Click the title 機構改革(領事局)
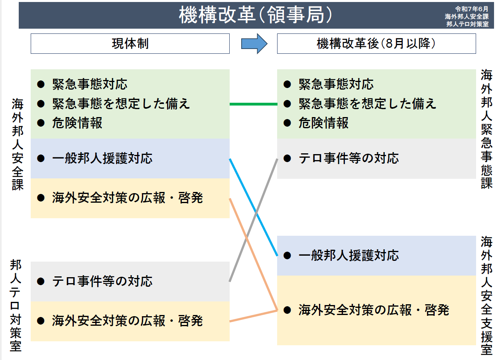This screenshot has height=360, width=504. [x=255, y=16]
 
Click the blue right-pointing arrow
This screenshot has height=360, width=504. [x=254, y=43]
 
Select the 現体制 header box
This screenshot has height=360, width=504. [x=130, y=43]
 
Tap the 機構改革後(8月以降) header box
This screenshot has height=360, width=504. [x=376, y=43]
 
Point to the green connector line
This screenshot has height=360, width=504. [x=253, y=104]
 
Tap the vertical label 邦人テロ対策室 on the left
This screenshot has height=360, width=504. [x=16, y=305]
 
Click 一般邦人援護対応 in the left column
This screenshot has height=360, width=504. [x=102, y=158]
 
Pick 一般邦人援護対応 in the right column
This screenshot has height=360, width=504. [x=348, y=255]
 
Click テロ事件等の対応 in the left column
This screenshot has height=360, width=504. [x=102, y=282]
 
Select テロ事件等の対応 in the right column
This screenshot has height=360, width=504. [x=348, y=158]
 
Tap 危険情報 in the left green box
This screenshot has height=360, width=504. [x=77, y=123]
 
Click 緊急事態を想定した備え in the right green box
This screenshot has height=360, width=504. [x=367, y=104]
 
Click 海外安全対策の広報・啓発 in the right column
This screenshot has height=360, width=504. [x=374, y=310]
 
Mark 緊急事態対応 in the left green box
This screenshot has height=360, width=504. [x=90, y=84]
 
